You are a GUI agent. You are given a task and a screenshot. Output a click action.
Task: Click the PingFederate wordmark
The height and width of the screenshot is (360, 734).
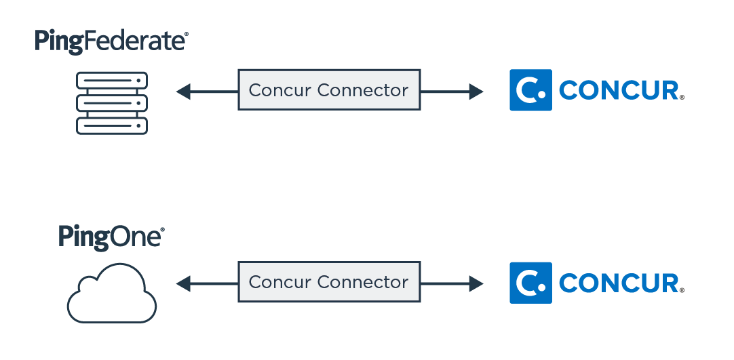click(x=111, y=41)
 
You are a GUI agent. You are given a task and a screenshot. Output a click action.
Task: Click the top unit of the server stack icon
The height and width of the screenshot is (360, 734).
click(x=112, y=80)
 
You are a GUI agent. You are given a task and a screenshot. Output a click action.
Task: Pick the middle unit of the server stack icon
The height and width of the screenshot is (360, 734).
click(x=112, y=103)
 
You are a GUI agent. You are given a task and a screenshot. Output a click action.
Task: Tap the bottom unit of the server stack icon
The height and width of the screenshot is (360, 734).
click(x=112, y=125)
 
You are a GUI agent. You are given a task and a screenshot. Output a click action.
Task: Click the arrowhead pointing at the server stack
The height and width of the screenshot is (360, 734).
click(x=182, y=91)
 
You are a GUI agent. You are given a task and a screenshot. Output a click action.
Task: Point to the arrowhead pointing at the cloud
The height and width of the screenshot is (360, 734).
click(x=182, y=283)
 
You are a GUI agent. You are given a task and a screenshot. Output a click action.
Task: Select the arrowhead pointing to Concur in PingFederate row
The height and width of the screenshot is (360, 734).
click(x=477, y=91)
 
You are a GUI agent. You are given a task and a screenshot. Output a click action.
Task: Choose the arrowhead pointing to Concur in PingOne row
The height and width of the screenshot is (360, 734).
click(x=477, y=283)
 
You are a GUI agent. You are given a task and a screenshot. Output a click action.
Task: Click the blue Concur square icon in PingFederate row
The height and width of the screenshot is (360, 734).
click(x=530, y=90)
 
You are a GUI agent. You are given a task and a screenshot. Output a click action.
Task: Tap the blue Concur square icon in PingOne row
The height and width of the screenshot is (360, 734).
click(x=530, y=283)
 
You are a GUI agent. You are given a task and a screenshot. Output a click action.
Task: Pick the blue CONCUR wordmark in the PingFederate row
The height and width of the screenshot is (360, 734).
click(x=619, y=91)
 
